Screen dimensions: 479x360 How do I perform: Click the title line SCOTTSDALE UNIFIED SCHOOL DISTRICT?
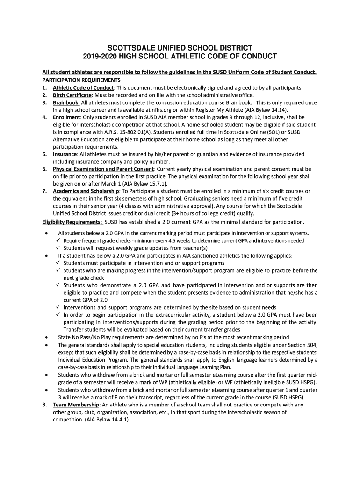coord(180,48)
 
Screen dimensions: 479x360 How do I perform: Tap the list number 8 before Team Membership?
coord(44,405)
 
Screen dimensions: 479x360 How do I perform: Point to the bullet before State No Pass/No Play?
coord(45,337)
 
